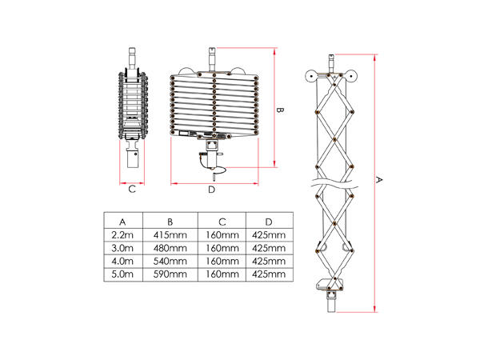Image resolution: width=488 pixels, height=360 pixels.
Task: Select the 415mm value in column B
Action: click(170, 234)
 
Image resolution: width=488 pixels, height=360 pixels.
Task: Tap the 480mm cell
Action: click(170, 248)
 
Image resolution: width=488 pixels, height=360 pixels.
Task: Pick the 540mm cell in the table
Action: click(170, 261)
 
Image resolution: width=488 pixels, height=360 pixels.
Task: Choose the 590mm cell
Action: click(170, 274)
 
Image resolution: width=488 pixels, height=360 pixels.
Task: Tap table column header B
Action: click(170, 221)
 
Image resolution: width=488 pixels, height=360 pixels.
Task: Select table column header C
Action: click(222, 221)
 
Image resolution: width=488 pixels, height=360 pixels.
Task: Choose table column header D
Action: click(268, 221)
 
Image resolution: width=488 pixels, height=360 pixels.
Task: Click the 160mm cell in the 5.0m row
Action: click(222, 274)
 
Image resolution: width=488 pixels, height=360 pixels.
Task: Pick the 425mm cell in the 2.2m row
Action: click(268, 234)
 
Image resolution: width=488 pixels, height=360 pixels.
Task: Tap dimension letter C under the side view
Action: click(132, 190)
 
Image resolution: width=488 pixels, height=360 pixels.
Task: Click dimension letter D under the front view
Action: click(211, 190)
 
